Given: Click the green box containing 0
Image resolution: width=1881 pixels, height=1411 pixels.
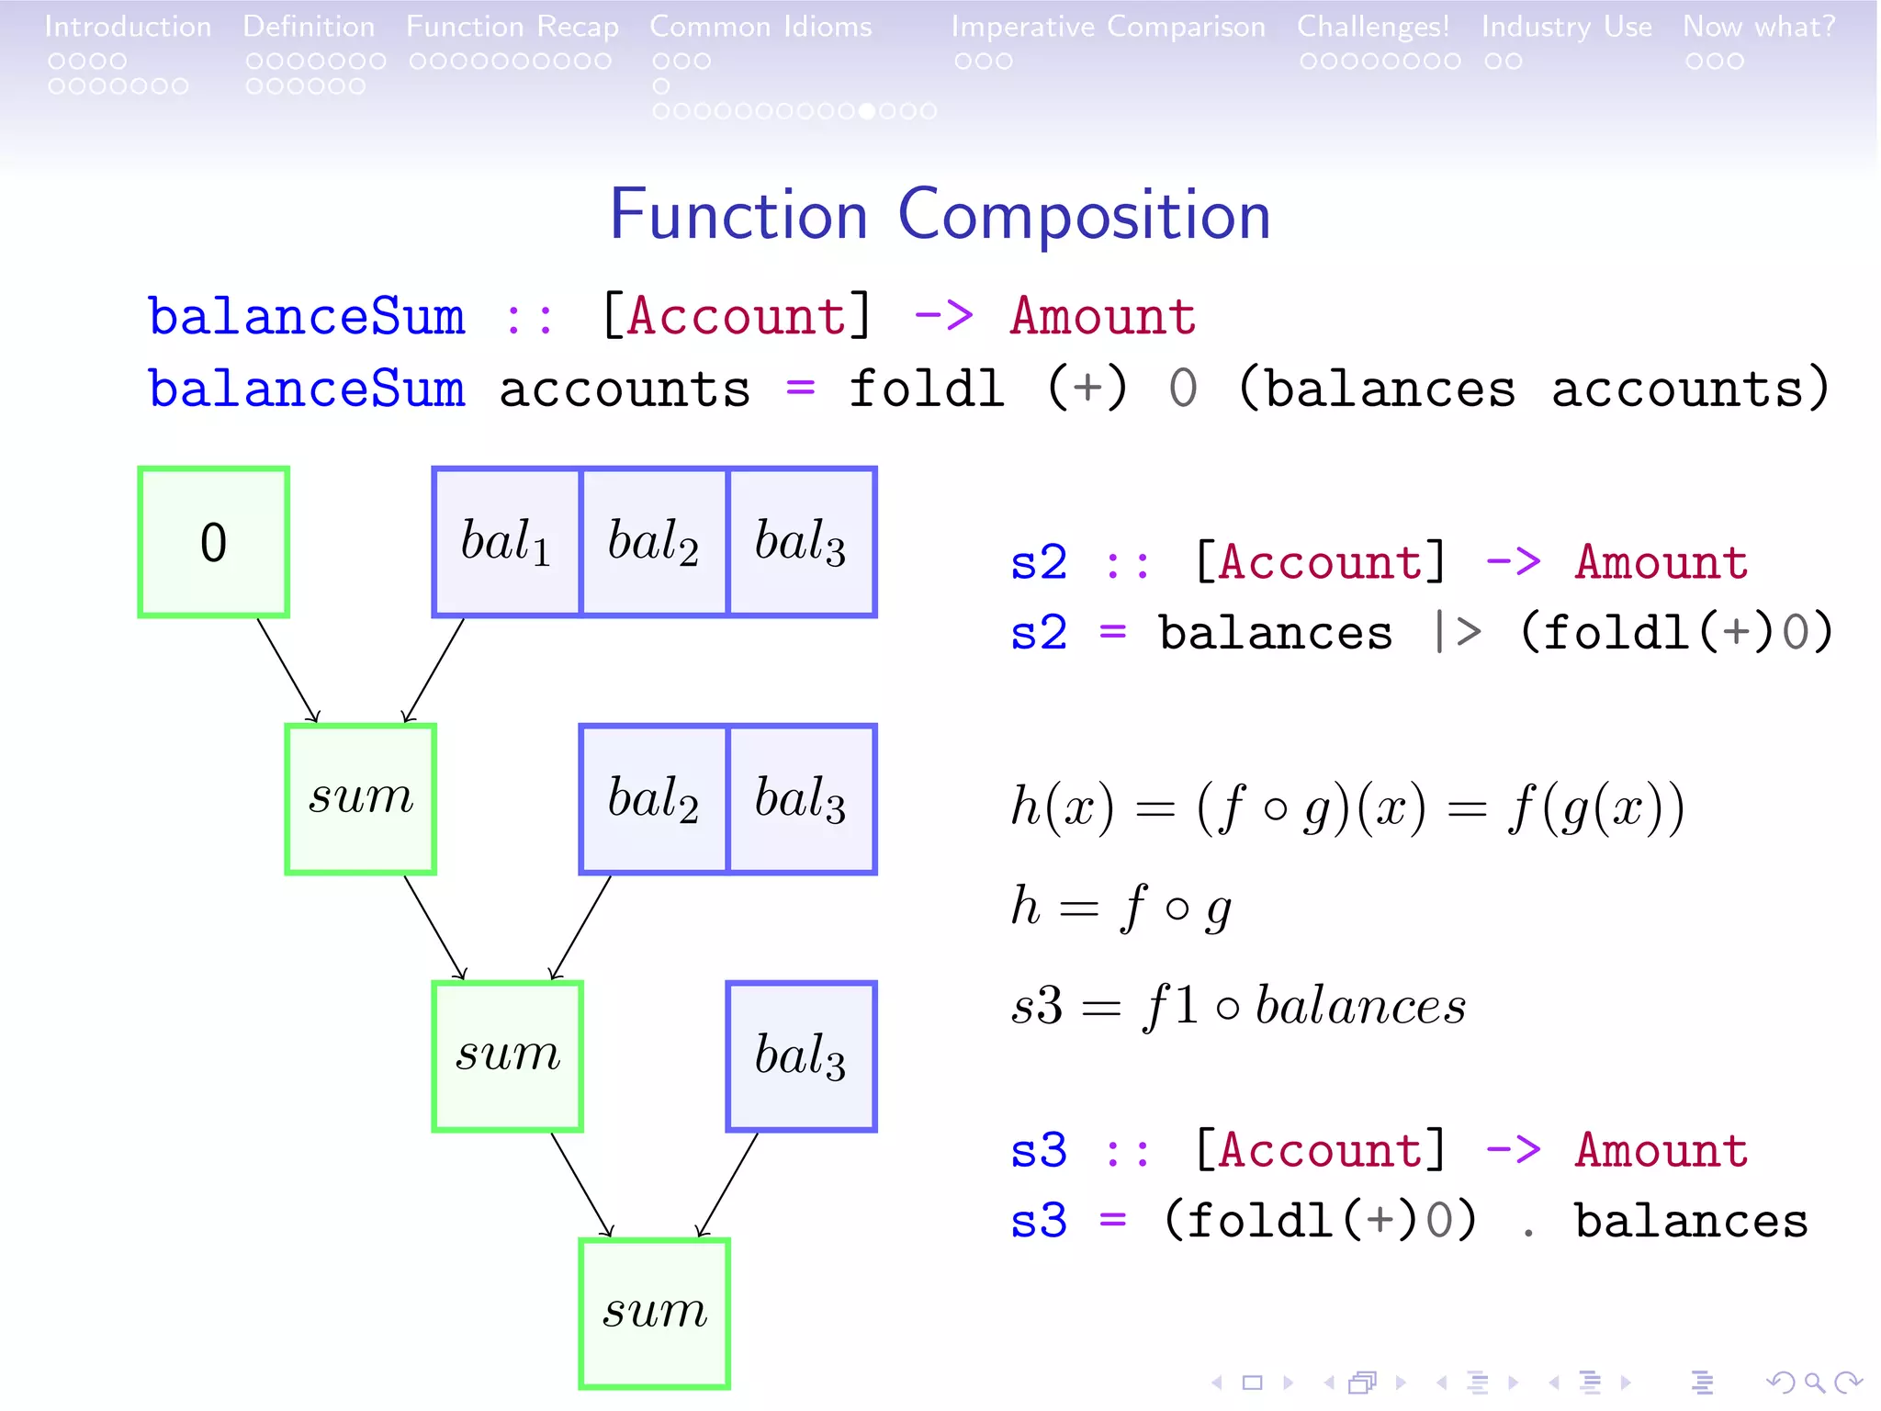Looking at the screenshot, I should (x=213, y=542).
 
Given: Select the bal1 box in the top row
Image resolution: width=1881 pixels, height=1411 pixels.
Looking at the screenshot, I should (x=507, y=542).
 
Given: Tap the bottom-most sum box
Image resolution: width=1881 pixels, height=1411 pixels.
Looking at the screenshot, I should (x=654, y=1313).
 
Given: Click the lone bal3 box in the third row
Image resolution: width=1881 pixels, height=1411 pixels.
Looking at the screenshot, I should (x=801, y=1056).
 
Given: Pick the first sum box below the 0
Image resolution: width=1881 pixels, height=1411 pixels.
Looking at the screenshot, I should (x=360, y=798).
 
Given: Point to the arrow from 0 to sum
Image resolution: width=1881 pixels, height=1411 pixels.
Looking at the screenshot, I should (x=287, y=670).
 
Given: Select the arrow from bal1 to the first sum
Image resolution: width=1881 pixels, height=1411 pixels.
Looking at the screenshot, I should (x=434, y=670).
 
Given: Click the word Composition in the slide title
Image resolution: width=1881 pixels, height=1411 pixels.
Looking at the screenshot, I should (x=1084, y=216).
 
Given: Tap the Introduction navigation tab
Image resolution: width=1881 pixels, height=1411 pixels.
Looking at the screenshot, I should (x=128, y=27).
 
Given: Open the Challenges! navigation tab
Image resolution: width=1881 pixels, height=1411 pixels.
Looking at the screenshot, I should (x=1372, y=27).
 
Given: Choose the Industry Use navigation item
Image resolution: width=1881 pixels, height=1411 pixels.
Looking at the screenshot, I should (x=1566, y=27).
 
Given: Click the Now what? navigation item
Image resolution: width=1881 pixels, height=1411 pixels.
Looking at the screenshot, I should (x=1759, y=27).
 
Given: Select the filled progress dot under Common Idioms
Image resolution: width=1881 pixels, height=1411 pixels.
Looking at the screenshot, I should (x=866, y=111).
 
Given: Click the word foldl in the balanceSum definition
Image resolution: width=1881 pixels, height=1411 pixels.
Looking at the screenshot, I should (x=926, y=389).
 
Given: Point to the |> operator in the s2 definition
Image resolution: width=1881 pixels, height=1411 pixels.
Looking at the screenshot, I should (x=1458, y=633).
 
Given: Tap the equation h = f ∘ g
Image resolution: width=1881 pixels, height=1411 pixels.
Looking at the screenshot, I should (x=1121, y=908).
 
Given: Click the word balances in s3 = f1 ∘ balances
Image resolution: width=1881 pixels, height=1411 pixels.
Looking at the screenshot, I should (x=1360, y=1006).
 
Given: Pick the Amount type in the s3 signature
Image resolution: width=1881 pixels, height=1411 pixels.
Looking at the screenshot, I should (x=1661, y=1150).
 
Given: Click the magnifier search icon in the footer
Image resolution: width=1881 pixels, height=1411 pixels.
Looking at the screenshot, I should (x=1814, y=1382).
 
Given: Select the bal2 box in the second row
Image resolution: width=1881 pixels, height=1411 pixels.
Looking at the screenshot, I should (x=654, y=798).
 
